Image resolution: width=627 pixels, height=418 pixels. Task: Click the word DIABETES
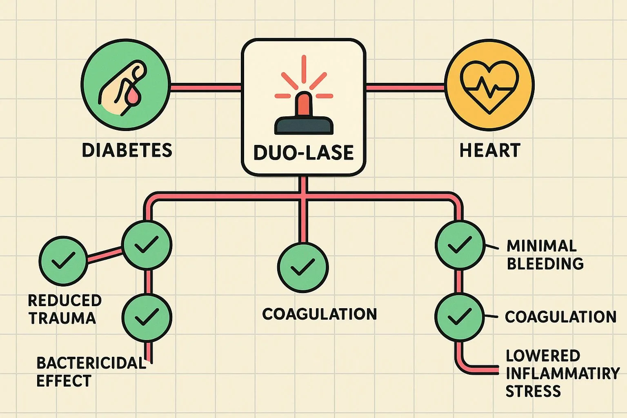click(x=127, y=150)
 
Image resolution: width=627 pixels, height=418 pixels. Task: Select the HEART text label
click(x=490, y=150)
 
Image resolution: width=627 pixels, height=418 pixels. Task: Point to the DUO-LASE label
click(x=303, y=153)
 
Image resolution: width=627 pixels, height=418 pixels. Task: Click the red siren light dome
click(x=304, y=104)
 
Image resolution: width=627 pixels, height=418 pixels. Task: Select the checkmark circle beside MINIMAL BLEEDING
click(x=460, y=245)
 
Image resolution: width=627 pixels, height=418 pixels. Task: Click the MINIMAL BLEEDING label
click(x=545, y=255)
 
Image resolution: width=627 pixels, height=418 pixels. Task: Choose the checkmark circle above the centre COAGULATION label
click(x=303, y=268)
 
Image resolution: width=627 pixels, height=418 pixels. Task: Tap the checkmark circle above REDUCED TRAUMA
click(x=63, y=260)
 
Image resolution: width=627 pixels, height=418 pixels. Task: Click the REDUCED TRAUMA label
click(x=64, y=309)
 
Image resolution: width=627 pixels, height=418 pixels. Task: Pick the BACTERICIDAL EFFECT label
click(x=91, y=371)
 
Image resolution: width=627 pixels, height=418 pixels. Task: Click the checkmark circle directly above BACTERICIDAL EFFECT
click(x=147, y=317)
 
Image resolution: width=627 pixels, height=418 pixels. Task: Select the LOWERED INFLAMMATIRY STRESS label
click(x=562, y=373)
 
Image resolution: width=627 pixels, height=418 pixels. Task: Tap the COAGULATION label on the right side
click(x=560, y=317)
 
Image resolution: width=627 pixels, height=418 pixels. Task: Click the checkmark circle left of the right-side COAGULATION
click(x=459, y=317)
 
